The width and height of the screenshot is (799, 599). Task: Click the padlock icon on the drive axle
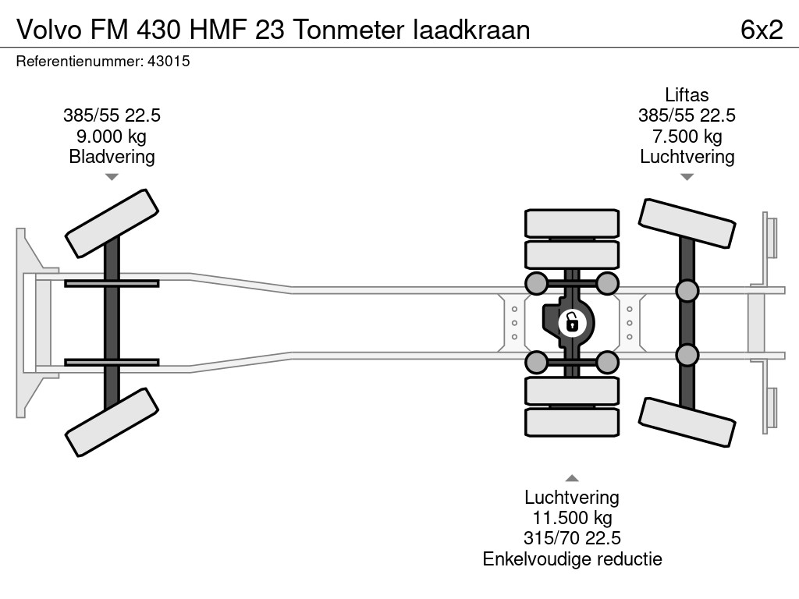coord(572,321)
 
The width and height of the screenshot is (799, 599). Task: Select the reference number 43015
coord(169,62)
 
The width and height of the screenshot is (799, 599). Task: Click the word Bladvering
coord(112,157)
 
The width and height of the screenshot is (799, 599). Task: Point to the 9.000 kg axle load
coord(112,136)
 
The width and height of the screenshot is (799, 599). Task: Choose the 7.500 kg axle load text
coord(687,136)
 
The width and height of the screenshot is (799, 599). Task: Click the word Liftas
coord(687,95)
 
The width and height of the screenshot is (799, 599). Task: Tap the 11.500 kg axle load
coord(572,518)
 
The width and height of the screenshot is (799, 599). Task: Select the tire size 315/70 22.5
coord(572,538)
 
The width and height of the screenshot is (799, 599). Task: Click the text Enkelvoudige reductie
coord(572,558)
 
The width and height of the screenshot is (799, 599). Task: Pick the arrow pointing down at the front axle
coord(112,177)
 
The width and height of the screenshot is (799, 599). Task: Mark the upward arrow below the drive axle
coord(572,478)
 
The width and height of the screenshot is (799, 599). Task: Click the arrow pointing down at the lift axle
coord(687,177)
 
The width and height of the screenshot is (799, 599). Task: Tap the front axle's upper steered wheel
coord(112,223)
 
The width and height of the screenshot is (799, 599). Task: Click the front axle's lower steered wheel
coord(112,423)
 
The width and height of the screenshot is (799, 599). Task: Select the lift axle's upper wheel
coord(687,225)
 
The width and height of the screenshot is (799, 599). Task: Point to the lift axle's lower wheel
coord(687,422)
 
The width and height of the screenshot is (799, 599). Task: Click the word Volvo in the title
coord(48,30)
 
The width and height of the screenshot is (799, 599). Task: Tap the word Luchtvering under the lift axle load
coord(687,157)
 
